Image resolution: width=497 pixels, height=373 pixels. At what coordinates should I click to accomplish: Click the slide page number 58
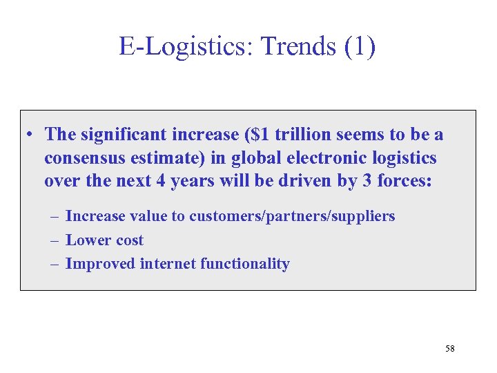pos(449,348)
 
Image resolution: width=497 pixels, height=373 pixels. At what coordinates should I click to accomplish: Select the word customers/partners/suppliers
pos(292,216)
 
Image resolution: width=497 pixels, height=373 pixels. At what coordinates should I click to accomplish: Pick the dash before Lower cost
pos(55,240)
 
